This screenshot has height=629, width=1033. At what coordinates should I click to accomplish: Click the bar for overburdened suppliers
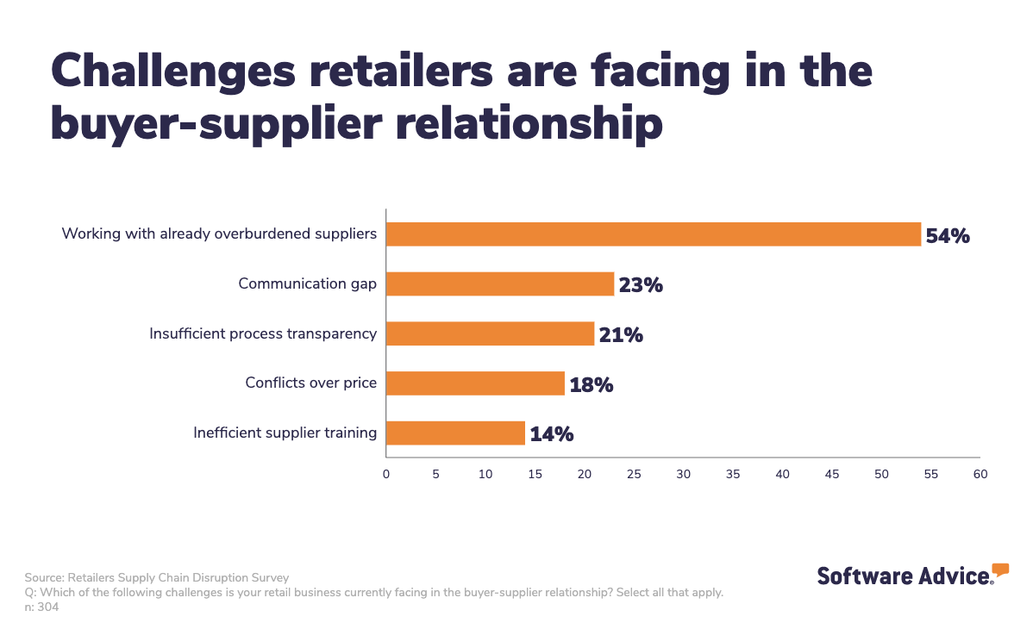[653, 234]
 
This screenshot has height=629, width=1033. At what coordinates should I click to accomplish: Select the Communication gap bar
[499, 283]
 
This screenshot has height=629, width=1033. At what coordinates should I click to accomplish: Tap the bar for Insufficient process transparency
[490, 333]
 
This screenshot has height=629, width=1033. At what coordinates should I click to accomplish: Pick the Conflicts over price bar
[475, 383]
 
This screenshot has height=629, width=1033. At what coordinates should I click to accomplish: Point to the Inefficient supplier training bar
[455, 433]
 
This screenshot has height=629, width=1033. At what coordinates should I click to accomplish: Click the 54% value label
[948, 235]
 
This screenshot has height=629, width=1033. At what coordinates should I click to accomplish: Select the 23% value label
[641, 284]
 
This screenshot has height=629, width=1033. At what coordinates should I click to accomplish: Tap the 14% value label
[551, 434]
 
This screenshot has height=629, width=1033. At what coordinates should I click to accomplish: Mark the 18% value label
[591, 384]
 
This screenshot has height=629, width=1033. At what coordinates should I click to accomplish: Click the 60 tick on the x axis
[980, 474]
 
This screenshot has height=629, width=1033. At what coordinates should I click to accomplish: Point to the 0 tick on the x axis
[385, 474]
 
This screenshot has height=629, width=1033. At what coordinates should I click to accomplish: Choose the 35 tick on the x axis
[733, 474]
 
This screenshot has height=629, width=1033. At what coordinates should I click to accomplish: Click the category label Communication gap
[307, 283]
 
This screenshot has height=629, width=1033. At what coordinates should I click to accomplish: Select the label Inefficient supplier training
[285, 433]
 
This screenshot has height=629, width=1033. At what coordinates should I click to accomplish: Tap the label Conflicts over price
[310, 383]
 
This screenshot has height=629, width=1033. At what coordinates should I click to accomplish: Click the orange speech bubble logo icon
[1000, 569]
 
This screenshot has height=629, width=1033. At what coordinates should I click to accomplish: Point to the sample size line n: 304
[41, 607]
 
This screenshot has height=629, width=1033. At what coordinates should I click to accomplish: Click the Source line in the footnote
[157, 577]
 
